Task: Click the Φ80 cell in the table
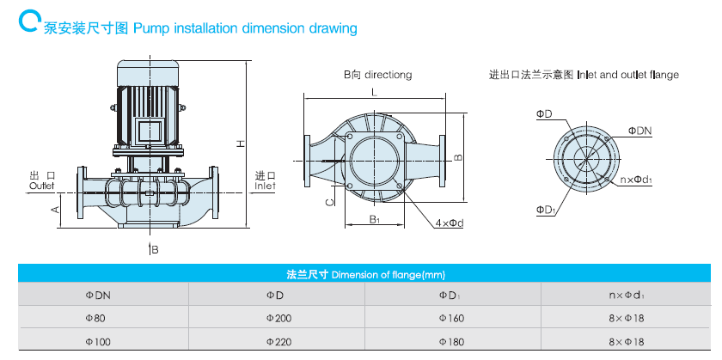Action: tap(96, 318)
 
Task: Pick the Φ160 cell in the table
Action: tap(450, 318)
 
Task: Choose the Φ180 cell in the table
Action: tap(450, 341)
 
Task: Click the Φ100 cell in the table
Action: tap(98, 341)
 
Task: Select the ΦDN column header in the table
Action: tap(98, 295)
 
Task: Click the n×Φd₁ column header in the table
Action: tap(626, 295)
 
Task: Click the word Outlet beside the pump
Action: tap(41, 185)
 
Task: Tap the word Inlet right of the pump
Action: tap(265, 185)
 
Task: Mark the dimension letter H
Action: tap(242, 143)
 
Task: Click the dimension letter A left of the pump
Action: tap(53, 209)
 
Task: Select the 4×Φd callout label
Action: tap(449, 223)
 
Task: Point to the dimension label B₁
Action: tap(375, 220)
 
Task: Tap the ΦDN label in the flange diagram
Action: tap(639, 131)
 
